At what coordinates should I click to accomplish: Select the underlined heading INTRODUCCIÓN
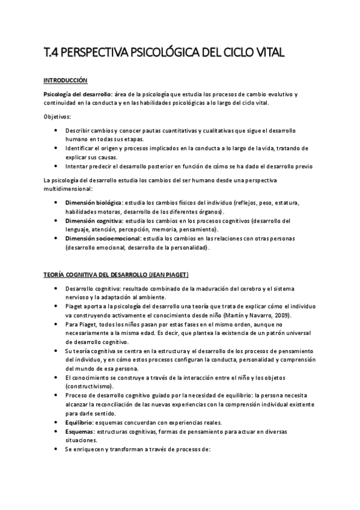tap(66, 80)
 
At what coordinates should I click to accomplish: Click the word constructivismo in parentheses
tap(90, 386)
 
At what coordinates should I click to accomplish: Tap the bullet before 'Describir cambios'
tap(56, 130)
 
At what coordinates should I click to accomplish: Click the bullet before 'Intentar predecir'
tap(56, 166)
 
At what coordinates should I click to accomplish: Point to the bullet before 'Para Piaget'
tap(56, 325)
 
